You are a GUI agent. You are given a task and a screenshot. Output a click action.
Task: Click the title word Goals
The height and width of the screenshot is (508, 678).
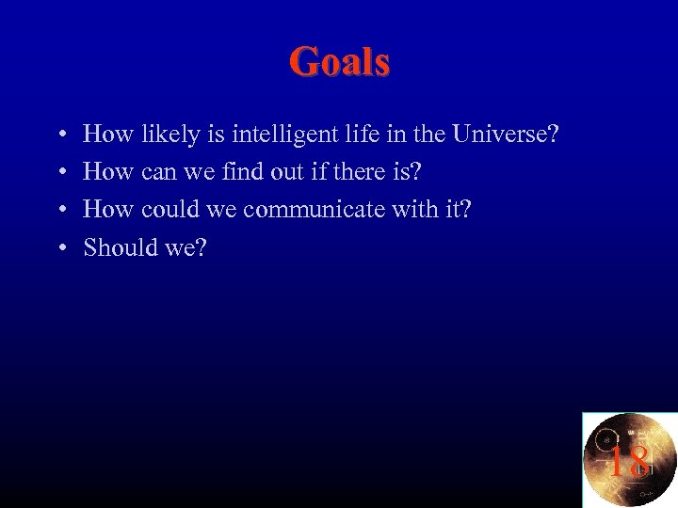[339, 62]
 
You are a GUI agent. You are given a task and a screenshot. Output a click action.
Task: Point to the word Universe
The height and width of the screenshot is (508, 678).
[505, 135]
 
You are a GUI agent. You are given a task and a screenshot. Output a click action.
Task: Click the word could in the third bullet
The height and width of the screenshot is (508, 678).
[171, 210]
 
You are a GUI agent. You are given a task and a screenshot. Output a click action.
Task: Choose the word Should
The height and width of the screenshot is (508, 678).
[117, 247]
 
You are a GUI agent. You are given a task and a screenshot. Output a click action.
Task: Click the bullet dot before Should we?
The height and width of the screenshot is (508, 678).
[61, 248]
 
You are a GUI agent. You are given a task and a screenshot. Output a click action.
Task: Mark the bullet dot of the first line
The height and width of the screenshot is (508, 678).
[61, 135]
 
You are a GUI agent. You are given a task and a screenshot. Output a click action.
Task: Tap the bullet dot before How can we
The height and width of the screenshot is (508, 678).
[61, 173]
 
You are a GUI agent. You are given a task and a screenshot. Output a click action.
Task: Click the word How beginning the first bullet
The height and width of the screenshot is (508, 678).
[108, 135]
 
